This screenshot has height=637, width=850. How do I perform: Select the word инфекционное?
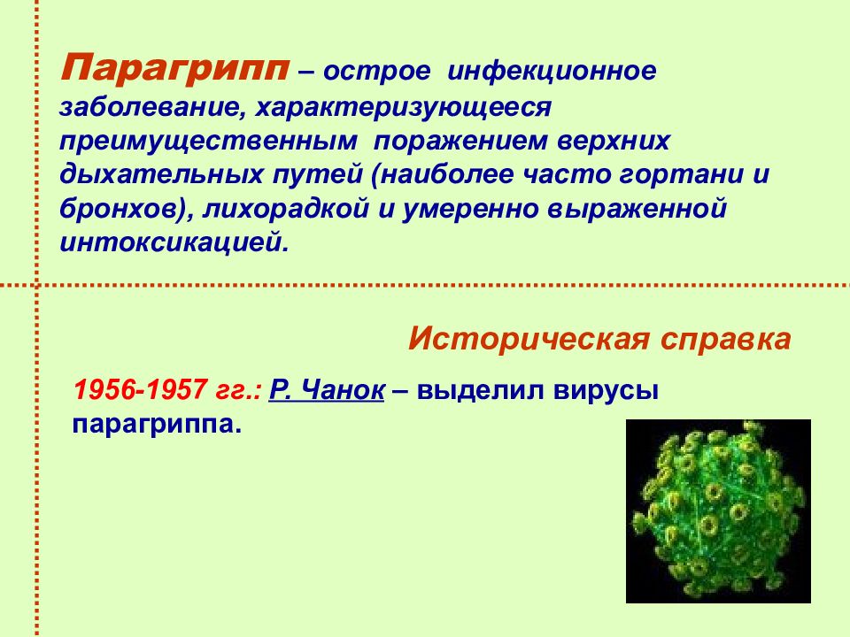[552, 71]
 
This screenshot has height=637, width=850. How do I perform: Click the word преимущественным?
[208, 142]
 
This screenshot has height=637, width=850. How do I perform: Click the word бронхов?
[120, 209]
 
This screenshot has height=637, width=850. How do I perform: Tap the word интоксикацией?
[171, 242]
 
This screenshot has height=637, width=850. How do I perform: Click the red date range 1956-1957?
[140, 390]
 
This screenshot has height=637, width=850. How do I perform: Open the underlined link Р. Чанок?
[327, 390]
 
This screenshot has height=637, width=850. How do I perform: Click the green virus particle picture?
[718, 510]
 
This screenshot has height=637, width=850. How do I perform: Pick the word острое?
[377, 72]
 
